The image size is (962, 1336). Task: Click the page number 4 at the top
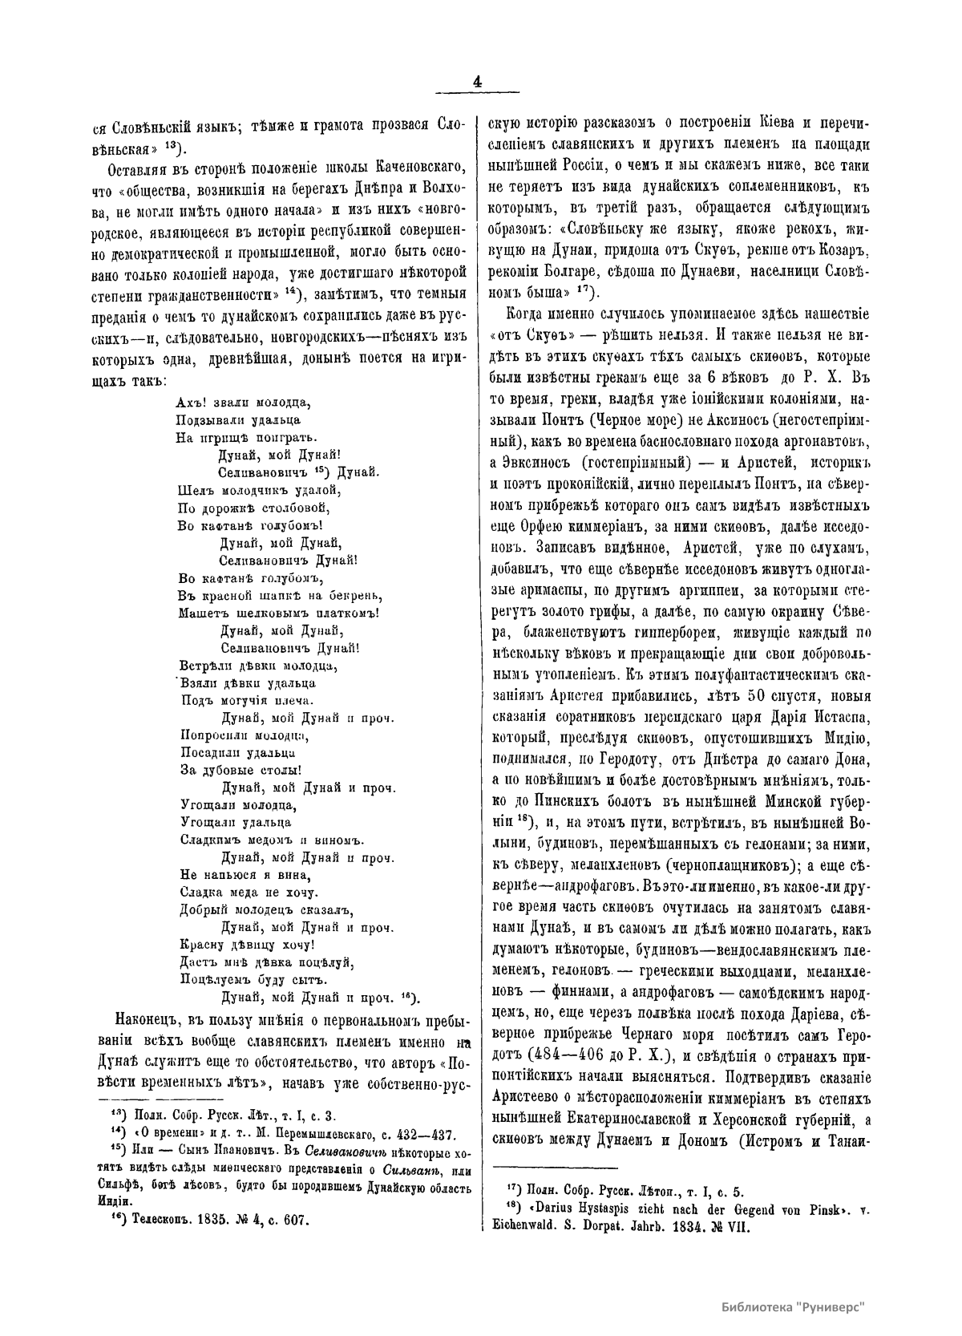[x=478, y=82]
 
